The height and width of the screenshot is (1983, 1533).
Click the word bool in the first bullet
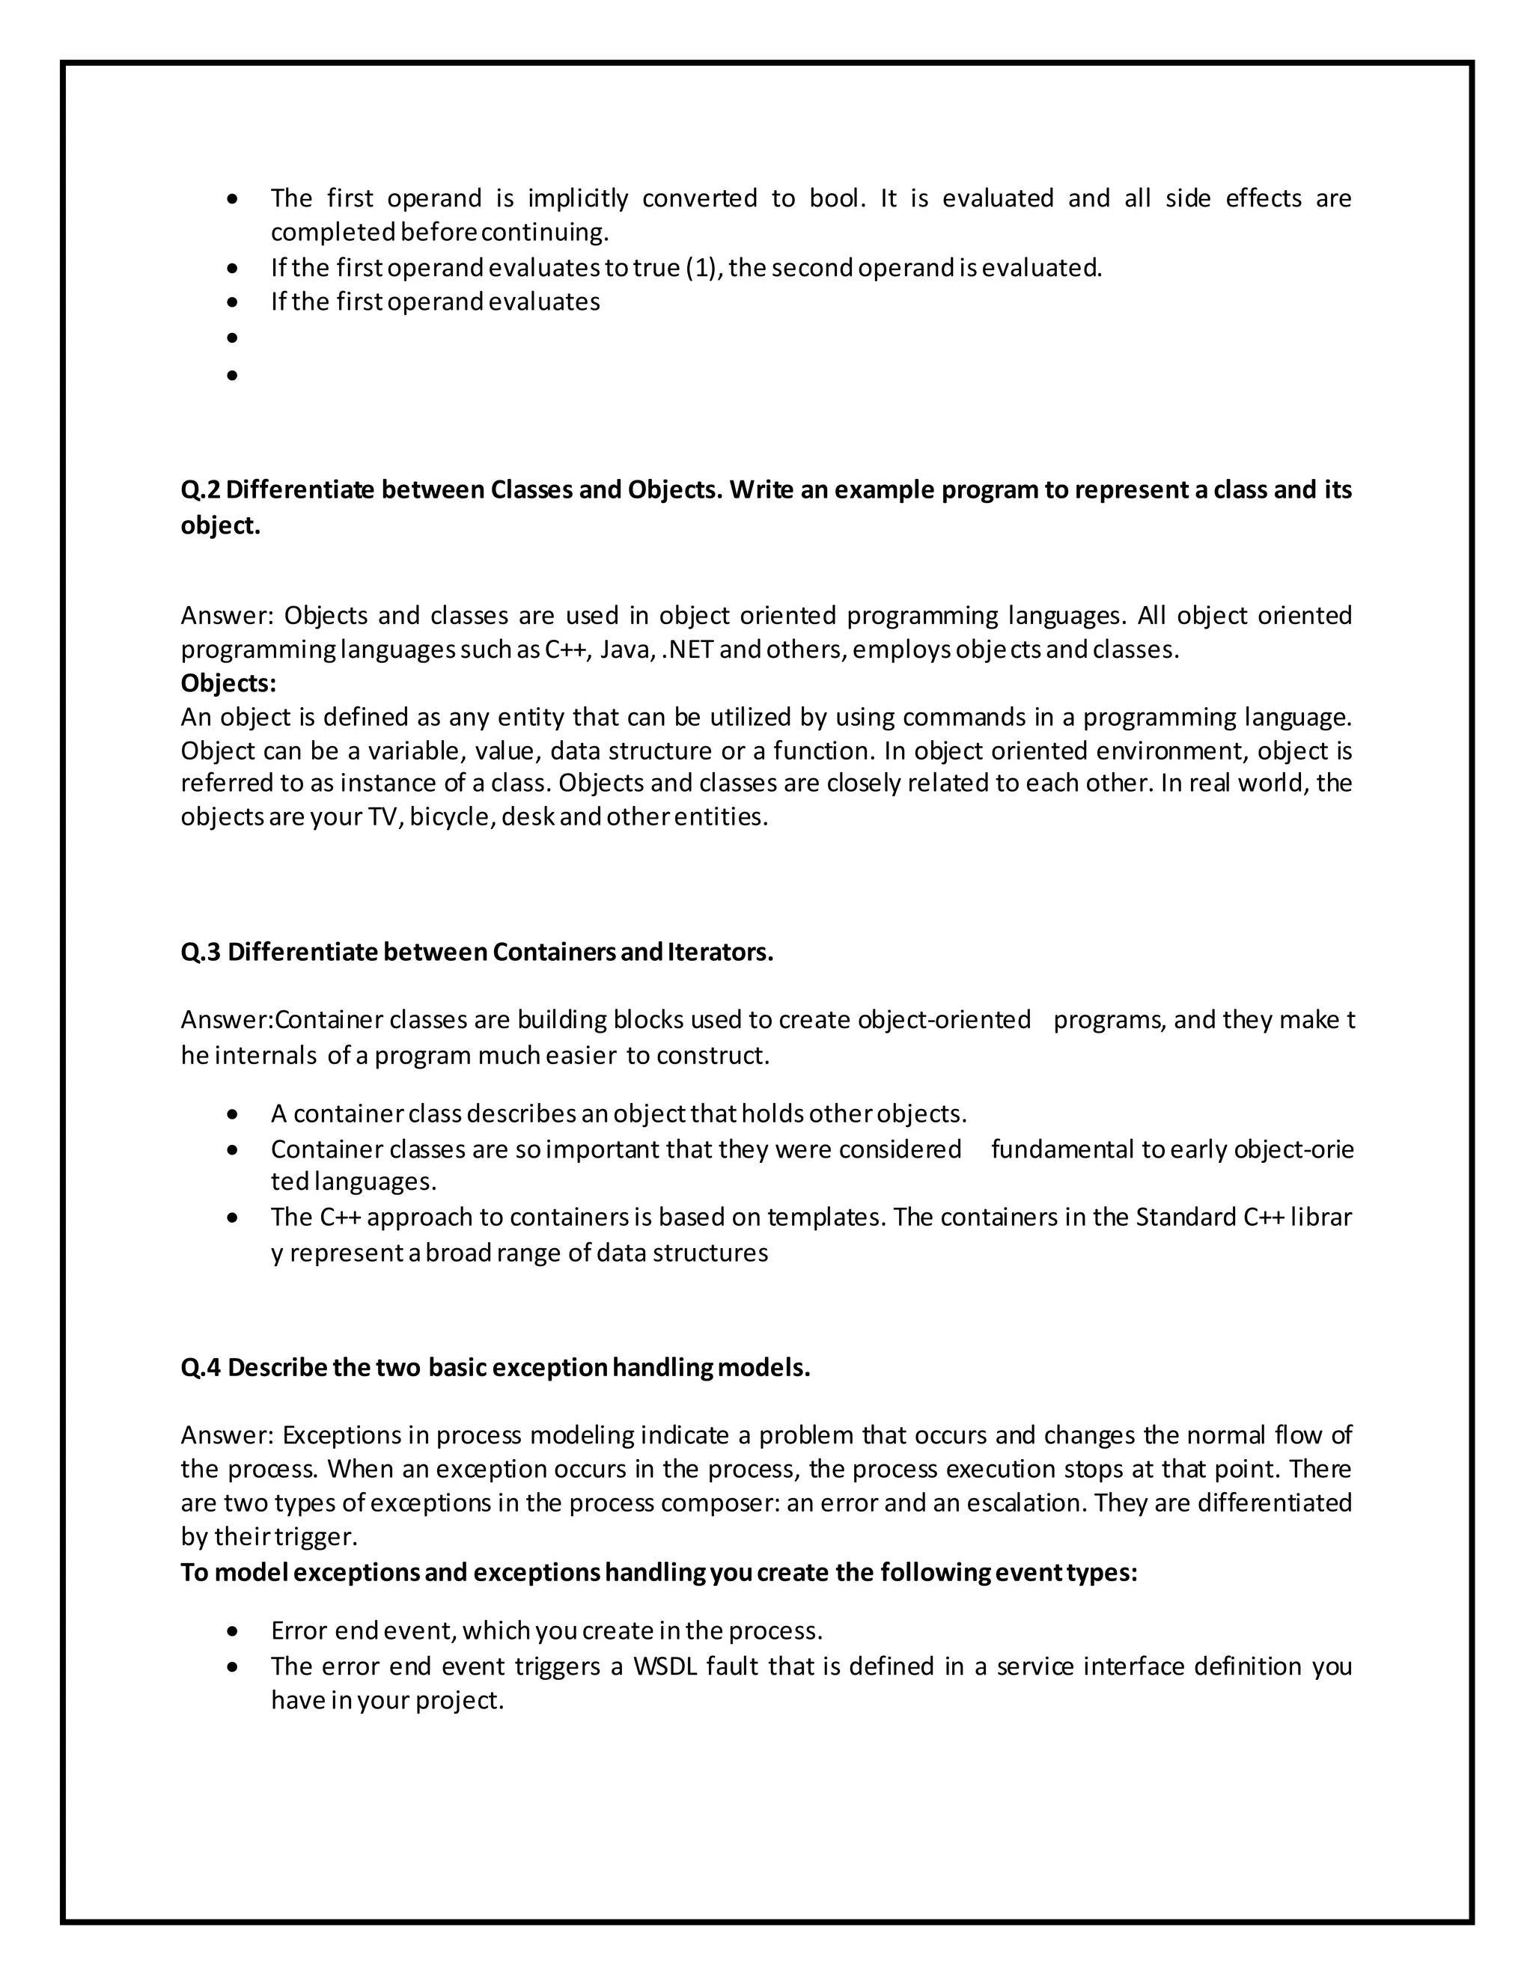(x=833, y=198)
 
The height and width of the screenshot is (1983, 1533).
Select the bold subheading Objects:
(x=228, y=682)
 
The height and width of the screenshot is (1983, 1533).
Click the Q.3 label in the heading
(x=201, y=953)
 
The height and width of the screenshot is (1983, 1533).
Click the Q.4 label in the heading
(x=201, y=1369)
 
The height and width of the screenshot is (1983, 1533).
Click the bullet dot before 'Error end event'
(x=234, y=1631)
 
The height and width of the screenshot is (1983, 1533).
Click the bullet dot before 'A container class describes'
(x=234, y=1114)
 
